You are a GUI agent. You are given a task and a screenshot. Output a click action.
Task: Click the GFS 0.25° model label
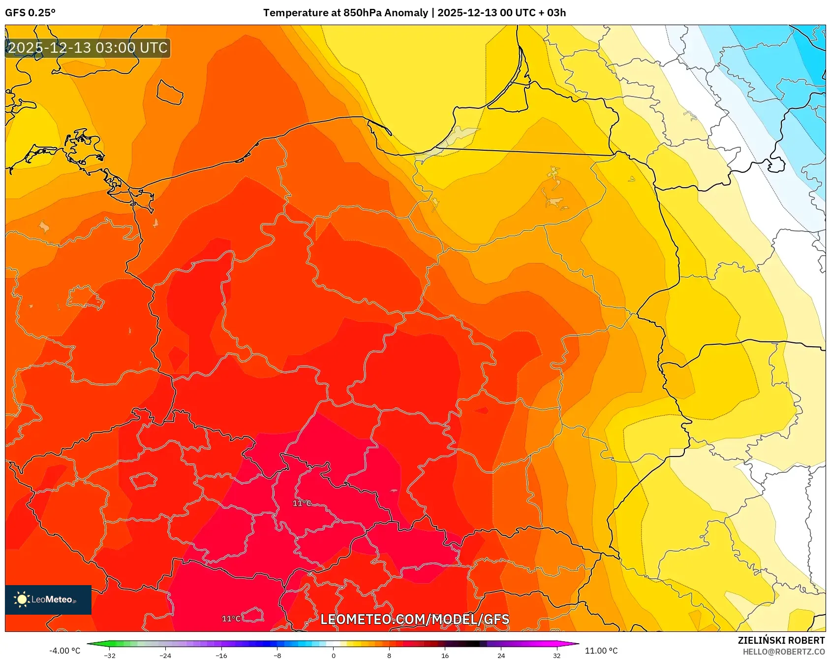pos(30,13)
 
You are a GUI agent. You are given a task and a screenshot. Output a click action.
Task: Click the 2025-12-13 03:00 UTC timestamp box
pos(88,48)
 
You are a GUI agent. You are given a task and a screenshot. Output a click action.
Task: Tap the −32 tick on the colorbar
pos(110,655)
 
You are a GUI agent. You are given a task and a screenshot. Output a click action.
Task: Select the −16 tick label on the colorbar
pos(221,655)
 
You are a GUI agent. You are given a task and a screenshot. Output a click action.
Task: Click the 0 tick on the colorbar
pos(334,655)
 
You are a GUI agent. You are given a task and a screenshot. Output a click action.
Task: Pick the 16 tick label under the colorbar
pos(445,655)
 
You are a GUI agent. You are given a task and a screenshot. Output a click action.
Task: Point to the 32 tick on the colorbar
pos(556,655)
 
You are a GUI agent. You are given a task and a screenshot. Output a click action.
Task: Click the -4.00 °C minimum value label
pos(64,651)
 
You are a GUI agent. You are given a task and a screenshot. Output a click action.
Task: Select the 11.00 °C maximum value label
pos(601,651)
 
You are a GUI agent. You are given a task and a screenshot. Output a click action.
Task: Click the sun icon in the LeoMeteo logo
pos(22,599)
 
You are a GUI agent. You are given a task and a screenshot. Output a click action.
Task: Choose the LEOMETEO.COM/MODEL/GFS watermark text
pos(415,620)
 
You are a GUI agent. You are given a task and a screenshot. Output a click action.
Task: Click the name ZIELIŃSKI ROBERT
pos(781,641)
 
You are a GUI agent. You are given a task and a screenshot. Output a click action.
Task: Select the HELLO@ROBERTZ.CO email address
pos(783,652)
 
